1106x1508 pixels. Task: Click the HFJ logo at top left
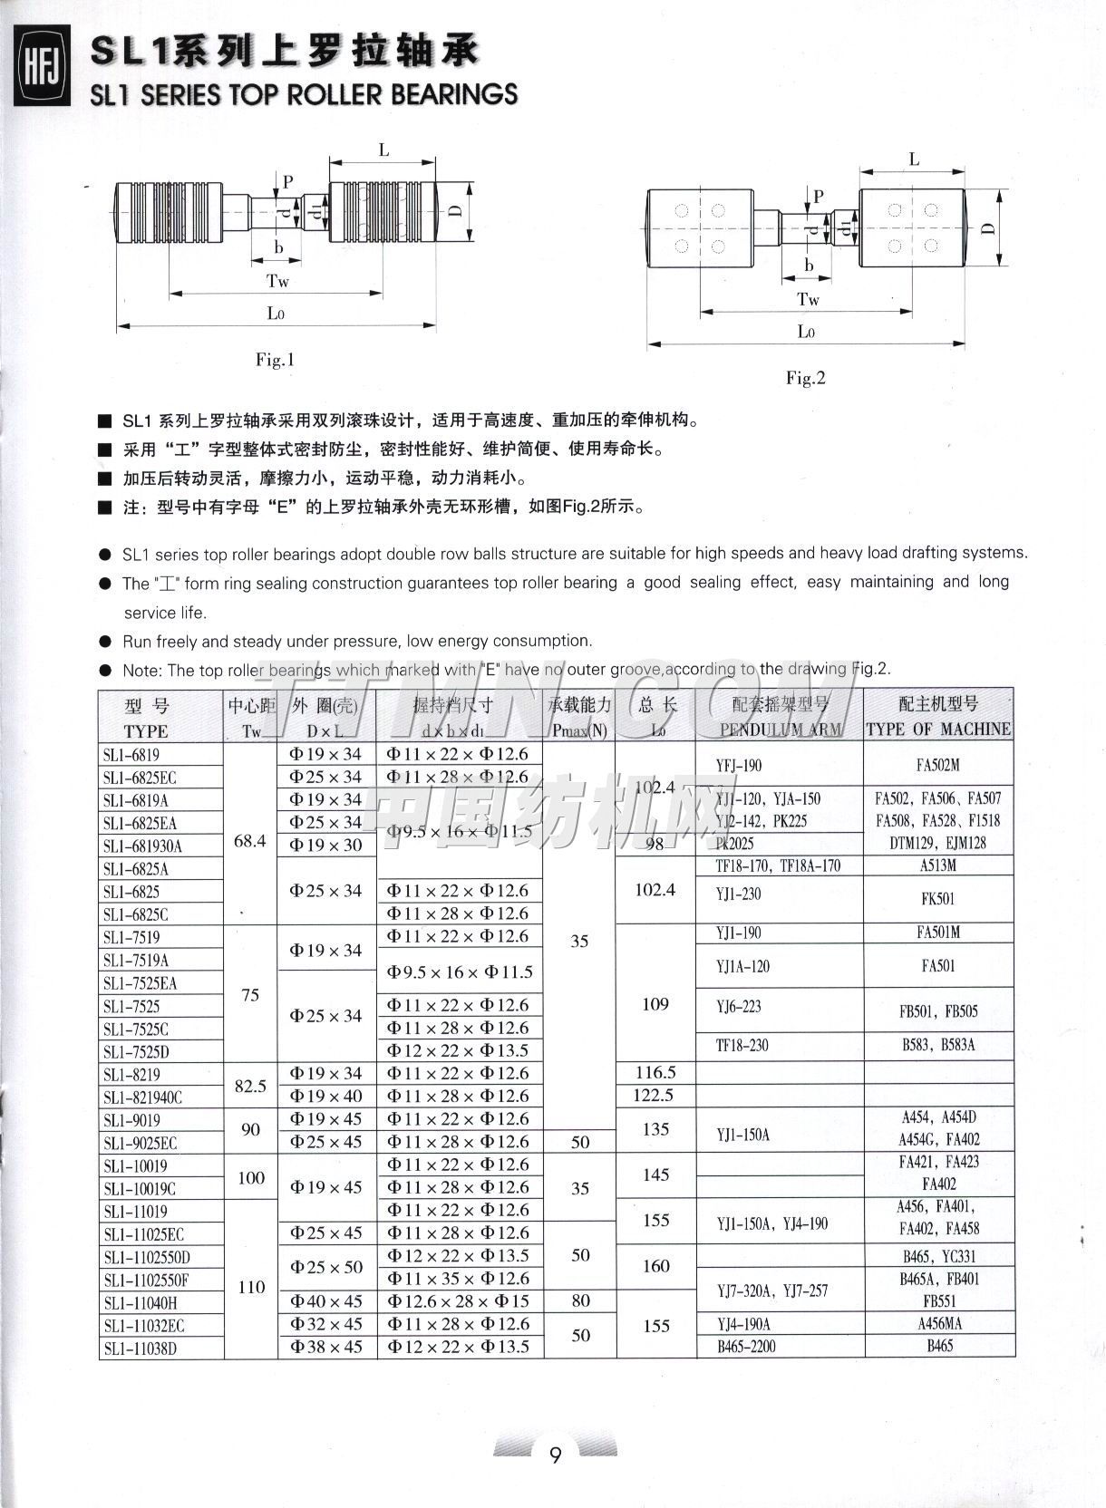pos(39,68)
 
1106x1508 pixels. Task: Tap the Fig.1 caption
pos(275,360)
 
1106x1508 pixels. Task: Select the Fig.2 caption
pos(805,378)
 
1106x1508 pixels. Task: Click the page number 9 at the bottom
pos(555,1455)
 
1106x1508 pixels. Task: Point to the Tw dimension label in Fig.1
pos(277,281)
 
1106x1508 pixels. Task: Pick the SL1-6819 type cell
pos(131,754)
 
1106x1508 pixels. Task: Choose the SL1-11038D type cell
pos(141,1348)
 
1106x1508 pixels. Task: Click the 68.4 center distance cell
pos(249,841)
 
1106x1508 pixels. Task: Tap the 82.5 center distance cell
pos(250,1085)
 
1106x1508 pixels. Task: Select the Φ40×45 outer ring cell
pos(325,1301)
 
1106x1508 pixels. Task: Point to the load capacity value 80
pos(580,1300)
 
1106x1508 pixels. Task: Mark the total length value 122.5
pos(655,1096)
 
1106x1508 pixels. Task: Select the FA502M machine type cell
pos(937,765)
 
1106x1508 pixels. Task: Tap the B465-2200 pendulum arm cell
pos(746,1347)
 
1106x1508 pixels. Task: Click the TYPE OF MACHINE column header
pos(938,729)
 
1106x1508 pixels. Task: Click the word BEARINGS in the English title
pos(456,94)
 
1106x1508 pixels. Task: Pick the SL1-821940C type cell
pos(142,1097)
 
